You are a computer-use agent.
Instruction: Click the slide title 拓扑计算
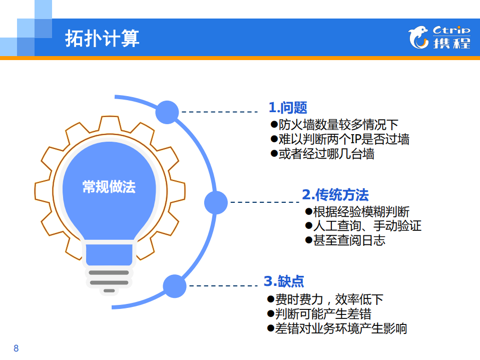102,38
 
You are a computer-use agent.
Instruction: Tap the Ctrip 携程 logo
439,38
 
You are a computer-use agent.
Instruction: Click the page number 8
16,348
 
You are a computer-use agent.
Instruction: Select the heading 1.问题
288,108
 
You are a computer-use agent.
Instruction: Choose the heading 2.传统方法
335,194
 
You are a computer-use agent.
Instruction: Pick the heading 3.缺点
284,281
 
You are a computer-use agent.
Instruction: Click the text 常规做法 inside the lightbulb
109,187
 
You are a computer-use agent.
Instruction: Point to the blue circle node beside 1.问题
167,112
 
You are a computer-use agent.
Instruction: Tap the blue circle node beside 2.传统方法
216,202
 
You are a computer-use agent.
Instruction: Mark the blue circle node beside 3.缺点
175,286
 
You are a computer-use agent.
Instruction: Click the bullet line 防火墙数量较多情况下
334,124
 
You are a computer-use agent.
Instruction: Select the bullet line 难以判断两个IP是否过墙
340,139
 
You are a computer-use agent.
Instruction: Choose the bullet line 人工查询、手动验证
363,226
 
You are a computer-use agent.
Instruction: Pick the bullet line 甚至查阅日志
345,240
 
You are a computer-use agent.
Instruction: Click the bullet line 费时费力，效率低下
325,299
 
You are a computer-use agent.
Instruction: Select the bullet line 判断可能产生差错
319,314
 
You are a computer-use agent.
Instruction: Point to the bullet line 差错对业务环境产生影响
337,328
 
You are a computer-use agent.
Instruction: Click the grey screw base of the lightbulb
109,280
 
